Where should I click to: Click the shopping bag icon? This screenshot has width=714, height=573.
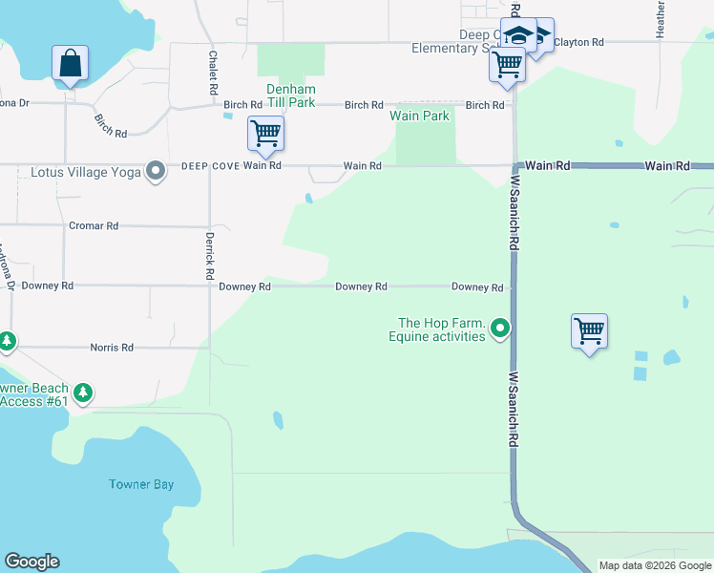(70, 64)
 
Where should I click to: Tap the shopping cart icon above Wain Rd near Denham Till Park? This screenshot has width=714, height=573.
(265, 133)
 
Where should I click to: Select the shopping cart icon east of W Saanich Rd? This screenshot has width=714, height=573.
(589, 331)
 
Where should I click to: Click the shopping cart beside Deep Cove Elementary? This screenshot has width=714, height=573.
(507, 65)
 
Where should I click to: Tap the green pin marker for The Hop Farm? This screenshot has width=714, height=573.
(499, 329)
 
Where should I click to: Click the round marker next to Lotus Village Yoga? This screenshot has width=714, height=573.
(156, 172)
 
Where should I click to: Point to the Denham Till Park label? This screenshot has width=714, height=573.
(290, 95)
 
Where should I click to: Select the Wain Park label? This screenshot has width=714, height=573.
(419, 116)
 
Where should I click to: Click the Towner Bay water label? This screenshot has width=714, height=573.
(141, 484)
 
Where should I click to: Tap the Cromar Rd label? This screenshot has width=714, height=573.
(94, 226)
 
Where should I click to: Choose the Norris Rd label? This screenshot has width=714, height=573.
(112, 348)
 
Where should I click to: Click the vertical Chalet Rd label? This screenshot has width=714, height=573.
(212, 73)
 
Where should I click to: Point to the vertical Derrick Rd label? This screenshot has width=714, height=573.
(209, 255)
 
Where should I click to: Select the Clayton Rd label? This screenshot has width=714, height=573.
(579, 42)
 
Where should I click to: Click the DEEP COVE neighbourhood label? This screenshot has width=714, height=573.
(209, 165)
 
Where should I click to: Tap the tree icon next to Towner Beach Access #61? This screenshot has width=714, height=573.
(84, 392)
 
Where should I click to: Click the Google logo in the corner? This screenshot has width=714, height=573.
(31, 562)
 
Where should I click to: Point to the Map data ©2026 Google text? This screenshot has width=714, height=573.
(655, 565)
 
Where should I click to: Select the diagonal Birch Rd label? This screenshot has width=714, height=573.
(111, 126)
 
